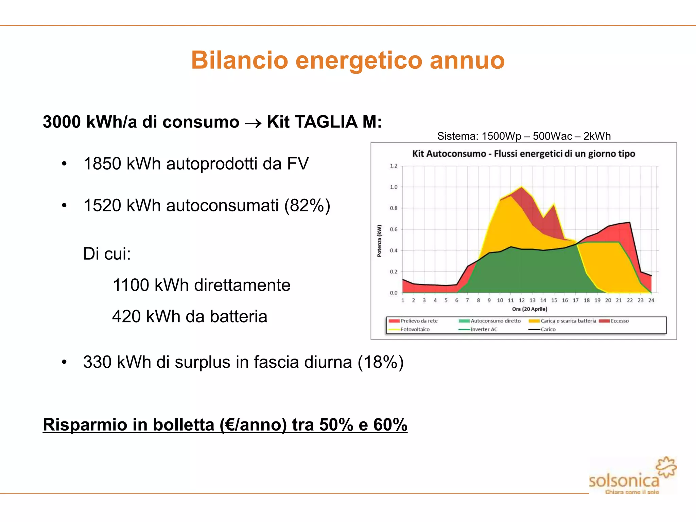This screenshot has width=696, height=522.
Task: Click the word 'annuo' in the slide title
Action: point(467,60)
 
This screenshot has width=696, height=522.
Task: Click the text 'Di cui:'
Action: point(107,254)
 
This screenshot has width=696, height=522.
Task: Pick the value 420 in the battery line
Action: point(126,317)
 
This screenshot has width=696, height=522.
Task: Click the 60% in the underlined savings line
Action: point(390,425)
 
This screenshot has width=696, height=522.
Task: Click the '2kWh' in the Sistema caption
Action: point(597,136)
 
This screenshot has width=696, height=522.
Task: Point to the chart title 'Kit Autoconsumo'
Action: point(449,154)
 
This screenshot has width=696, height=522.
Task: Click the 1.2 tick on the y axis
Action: point(394,166)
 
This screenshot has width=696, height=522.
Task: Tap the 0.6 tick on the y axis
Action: point(394,229)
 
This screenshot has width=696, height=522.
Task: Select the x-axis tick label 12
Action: point(522,300)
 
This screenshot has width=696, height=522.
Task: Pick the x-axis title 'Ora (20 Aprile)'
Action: point(529,309)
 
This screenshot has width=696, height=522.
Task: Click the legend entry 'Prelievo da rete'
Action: point(419,321)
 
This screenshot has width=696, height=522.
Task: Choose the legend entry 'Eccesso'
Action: point(619,321)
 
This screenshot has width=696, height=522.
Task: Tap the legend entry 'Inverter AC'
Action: point(484,330)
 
